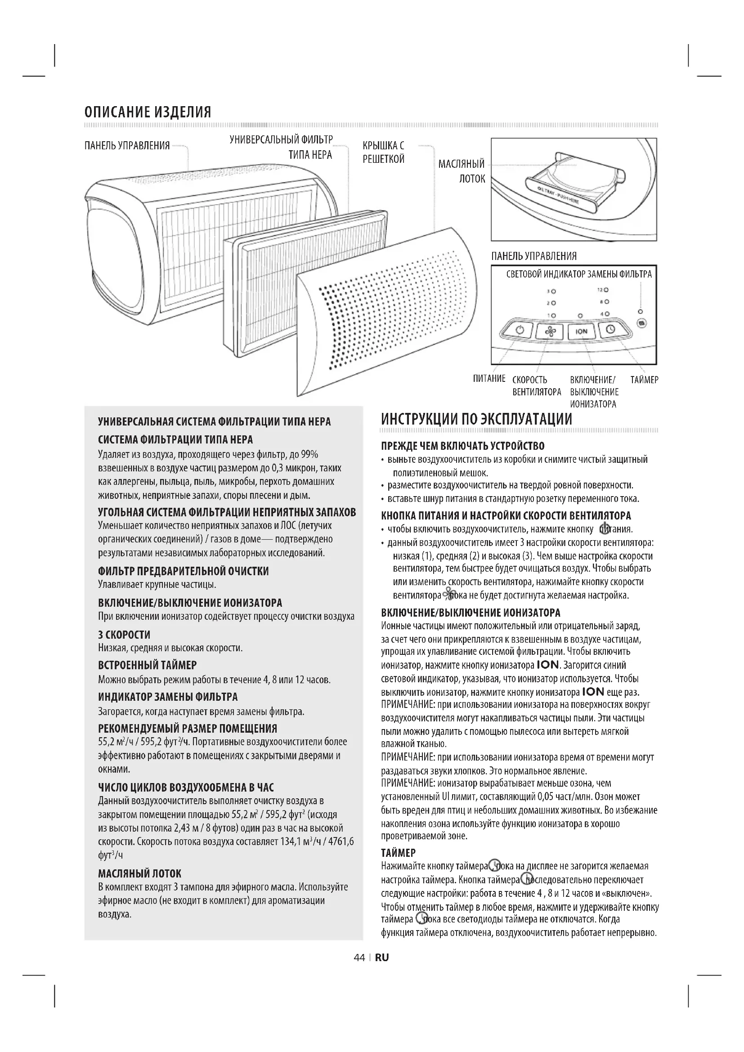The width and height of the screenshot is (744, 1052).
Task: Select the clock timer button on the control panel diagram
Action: pos(611,329)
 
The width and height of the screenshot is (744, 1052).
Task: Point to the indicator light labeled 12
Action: pos(606,290)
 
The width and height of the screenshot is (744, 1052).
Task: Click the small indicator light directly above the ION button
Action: pos(580,316)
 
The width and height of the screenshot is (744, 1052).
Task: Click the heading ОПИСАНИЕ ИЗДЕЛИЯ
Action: pos(148,112)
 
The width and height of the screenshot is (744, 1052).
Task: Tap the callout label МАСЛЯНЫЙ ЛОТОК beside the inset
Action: pos(462,171)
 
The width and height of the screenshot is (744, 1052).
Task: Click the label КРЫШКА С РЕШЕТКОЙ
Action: pos(384,152)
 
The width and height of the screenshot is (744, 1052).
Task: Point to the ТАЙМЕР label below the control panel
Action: pos(644,380)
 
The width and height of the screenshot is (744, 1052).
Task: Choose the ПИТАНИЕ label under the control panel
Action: pos(489,378)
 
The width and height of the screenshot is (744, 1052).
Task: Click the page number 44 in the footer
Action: pos(359,957)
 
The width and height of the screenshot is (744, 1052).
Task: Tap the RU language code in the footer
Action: pos(381,957)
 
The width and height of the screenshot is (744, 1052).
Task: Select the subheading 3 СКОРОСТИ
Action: pos(124,635)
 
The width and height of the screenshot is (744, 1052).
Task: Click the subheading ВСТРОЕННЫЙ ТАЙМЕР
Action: pos(148,665)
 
